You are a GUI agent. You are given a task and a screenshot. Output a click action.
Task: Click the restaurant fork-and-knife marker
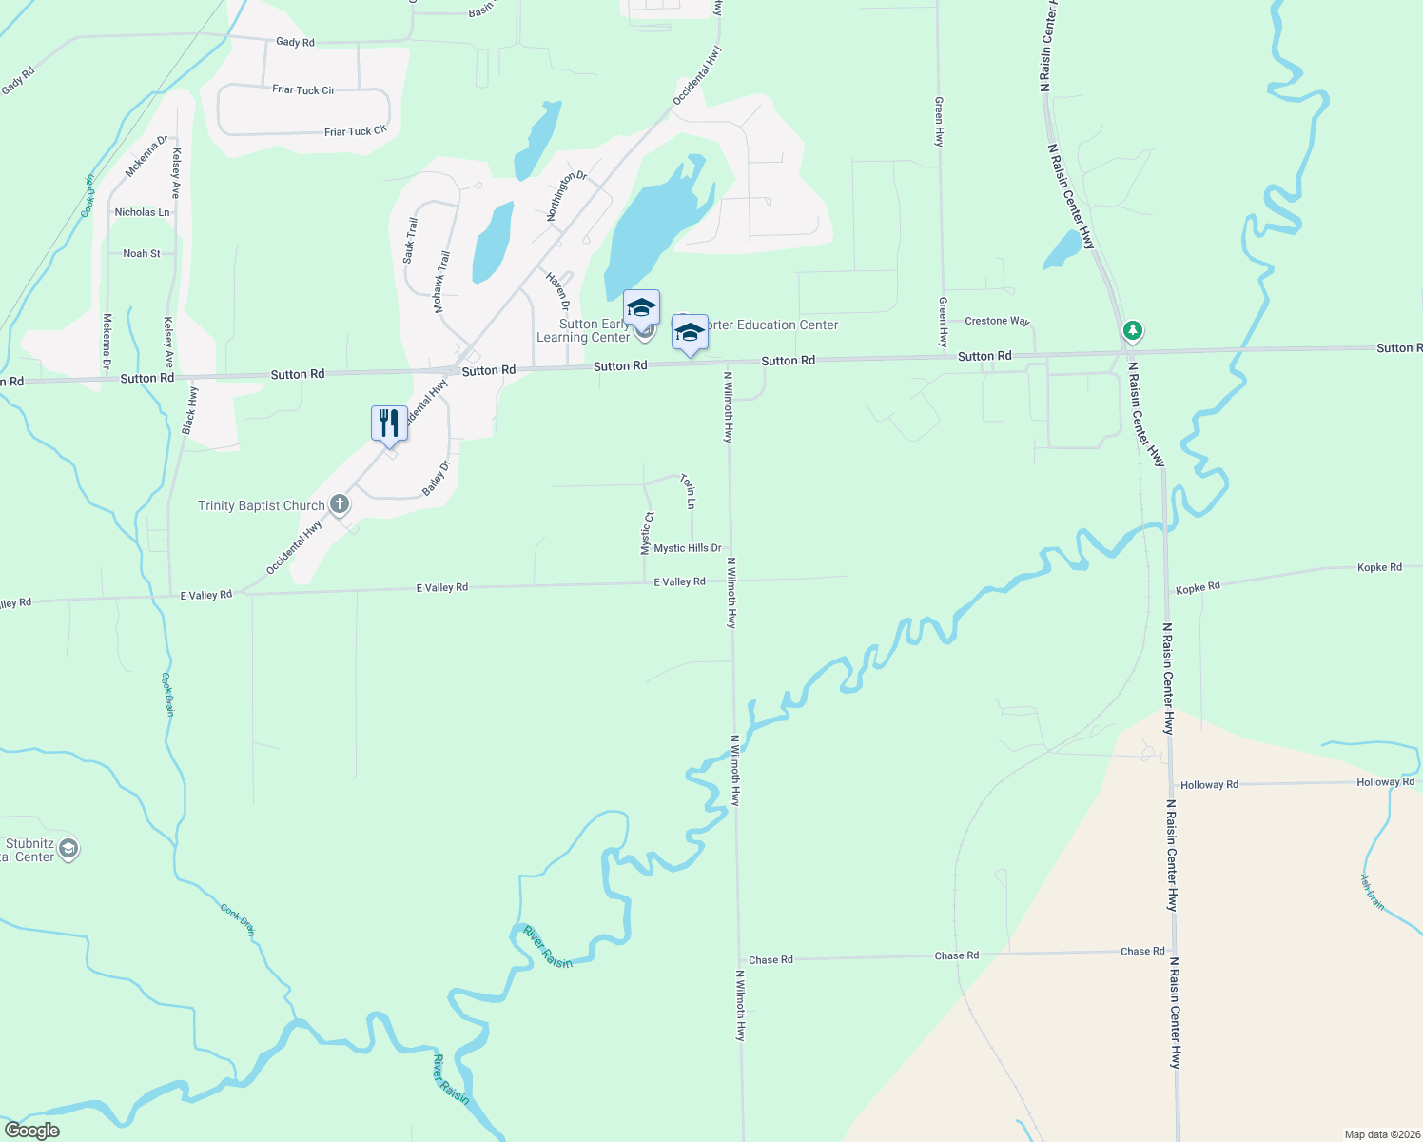point(389,423)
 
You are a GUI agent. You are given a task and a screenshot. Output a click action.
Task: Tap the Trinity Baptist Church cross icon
point(340,504)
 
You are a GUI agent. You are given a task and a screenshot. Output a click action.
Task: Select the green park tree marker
point(1132,331)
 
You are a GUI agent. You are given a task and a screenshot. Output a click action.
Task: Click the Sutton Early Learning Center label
point(583,330)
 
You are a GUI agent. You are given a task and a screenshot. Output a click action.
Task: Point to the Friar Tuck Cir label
point(303,90)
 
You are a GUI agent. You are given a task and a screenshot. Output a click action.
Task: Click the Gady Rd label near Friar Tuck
point(295,42)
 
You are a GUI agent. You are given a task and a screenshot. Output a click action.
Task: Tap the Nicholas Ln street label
point(142,212)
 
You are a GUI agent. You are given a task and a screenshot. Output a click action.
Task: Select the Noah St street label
point(142,254)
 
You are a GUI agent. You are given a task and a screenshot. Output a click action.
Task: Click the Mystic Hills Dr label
point(687,548)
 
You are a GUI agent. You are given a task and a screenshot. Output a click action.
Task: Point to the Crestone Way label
point(997,321)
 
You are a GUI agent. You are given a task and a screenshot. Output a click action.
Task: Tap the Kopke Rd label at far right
point(1379,568)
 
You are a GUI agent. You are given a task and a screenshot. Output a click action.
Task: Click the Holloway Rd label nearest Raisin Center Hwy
point(1209,785)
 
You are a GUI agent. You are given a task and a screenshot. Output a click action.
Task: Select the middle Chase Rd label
point(956,955)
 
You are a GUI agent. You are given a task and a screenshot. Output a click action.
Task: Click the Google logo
point(32,1131)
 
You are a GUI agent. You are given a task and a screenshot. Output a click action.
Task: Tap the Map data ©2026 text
point(1381,1134)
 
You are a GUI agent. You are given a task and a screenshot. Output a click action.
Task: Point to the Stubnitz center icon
point(68,848)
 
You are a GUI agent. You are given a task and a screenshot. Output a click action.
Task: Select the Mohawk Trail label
point(441,283)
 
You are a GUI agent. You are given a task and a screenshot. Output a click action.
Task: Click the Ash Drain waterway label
point(1372,893)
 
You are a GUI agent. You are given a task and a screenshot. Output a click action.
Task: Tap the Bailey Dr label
point(436,479)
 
